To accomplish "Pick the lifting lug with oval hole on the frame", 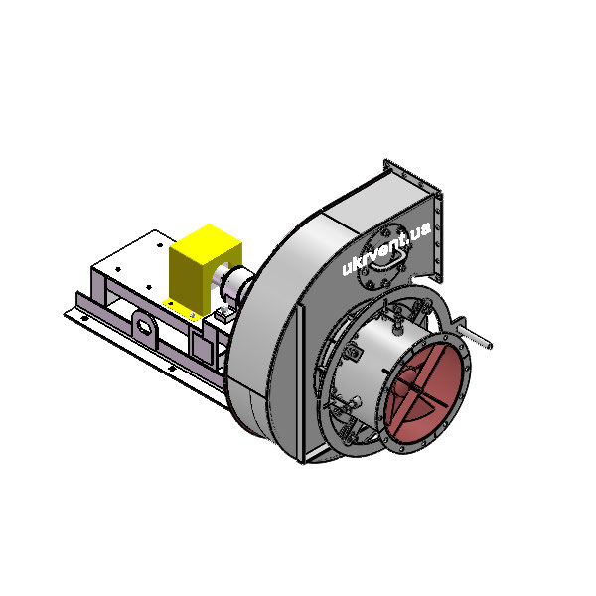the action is pyautogui.click(x=144, y=328).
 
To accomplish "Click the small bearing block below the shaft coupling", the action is pyautogui.click(x=223, y=315).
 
